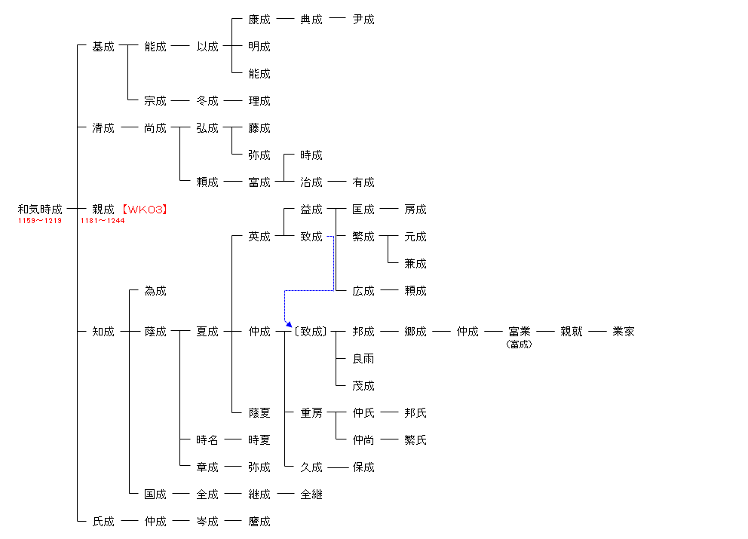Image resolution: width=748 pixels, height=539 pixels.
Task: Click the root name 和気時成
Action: [x=40, y=209]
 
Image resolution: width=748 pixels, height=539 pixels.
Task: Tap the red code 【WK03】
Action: [x=145, y=209]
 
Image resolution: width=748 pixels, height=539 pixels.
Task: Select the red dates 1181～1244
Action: [x=103, y=220]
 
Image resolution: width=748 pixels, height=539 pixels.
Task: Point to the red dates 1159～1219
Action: [x=40, y=220]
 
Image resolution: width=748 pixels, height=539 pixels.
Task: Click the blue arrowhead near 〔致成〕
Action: [x=289, y=324]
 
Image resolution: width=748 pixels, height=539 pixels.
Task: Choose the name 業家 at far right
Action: [x=624, y=331]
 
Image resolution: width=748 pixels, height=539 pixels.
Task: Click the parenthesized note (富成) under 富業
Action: [x=519, y=344]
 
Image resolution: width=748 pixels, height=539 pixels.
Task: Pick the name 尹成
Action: [x=363, y=19]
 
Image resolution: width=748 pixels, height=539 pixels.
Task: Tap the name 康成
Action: [x=259, y=19]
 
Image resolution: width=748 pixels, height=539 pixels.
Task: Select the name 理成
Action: [x=259, y=101]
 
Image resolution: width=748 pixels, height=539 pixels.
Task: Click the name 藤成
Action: [x=259, y=128]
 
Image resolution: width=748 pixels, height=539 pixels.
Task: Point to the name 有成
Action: [x=363, y=182]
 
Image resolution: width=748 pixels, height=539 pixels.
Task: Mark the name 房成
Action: [x=415, y=209]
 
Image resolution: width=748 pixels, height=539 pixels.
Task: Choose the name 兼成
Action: [x=415, y=263]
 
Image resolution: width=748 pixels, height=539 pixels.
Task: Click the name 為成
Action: [x=155, y=290]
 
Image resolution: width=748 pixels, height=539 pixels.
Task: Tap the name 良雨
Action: [x=363, y=358]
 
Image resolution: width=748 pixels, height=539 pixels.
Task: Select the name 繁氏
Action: [x=415, y=439]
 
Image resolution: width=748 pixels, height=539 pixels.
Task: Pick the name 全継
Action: [x=311, y=495]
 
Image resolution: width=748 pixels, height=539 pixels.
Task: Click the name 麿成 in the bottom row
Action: [x=259, y=522]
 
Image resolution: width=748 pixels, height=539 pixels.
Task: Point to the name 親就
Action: [x=572, y=331]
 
